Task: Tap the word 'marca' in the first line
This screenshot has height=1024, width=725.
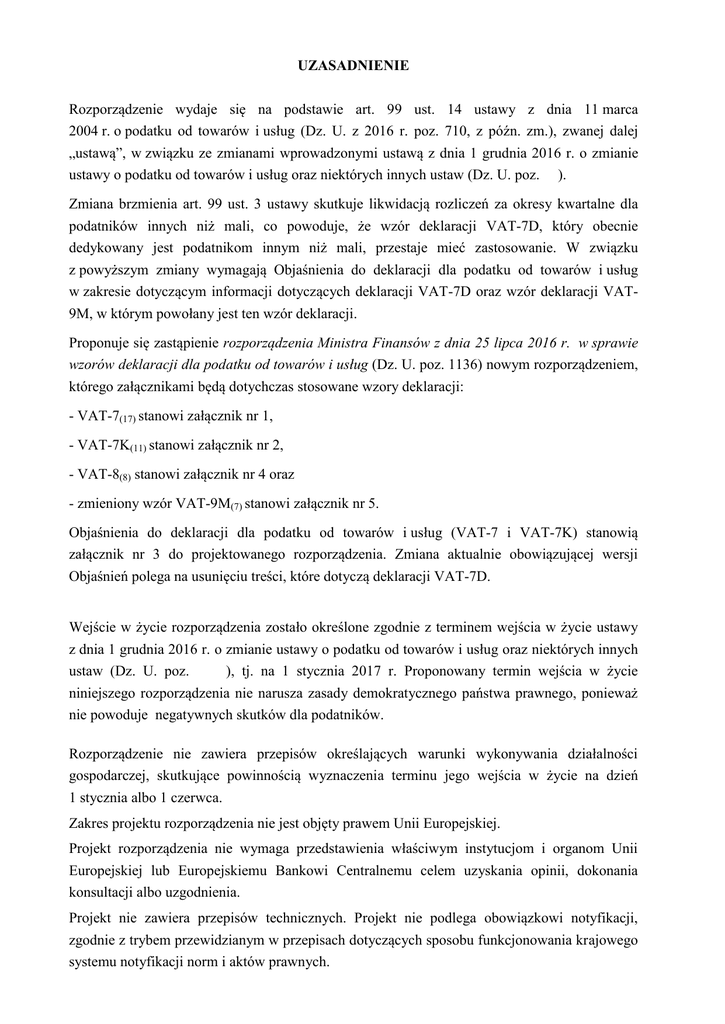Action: (x=619, y=107)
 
